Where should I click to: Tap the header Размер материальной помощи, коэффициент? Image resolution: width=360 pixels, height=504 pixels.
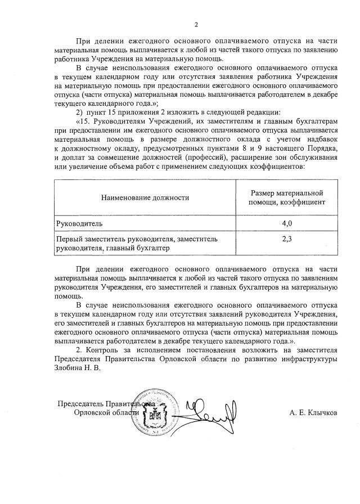point(286,197)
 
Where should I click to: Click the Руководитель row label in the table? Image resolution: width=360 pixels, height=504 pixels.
point(78,223)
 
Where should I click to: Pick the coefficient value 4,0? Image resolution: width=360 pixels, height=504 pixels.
point(286,223)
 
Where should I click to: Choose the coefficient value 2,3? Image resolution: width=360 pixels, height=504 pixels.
point(286,239)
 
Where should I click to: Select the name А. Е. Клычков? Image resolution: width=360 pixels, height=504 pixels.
point(313,412)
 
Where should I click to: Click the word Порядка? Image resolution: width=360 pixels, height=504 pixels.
point(321,148)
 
